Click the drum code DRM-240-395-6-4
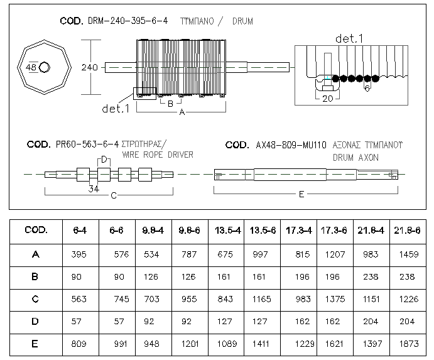point(127,21)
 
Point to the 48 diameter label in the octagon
point(31,67)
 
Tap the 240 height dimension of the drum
point(89,67)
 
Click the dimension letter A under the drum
point(182,112)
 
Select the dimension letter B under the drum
point(170,104)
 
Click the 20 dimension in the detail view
point(328,99)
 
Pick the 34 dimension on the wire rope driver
point(94,189)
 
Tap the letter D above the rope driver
point(104,160)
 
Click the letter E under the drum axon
point(301,194)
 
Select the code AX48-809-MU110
point(291,145)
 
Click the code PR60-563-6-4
point(87,145)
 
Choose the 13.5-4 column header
point(228,231)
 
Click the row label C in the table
point(35,299)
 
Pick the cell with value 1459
point(408,254)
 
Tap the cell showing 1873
point(408,344)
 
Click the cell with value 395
point(79,254)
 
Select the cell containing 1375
point(335,299)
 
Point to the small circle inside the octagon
point(45,67)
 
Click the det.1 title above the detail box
point(349,38)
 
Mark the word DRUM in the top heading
point(242,21)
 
